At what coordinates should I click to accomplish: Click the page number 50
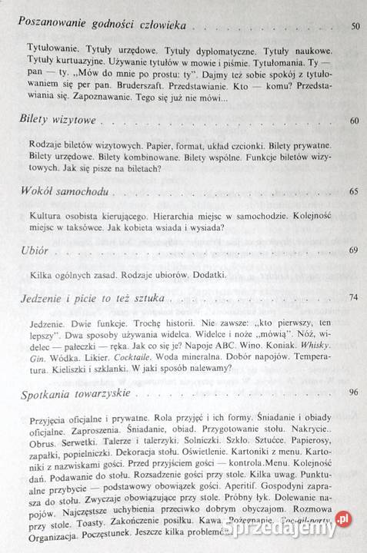click(x=355, y=27)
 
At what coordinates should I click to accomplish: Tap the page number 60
click(x=354, y=122)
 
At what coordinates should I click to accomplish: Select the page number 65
click(x=354, y=190)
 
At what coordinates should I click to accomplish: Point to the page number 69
click(x=354, y=250)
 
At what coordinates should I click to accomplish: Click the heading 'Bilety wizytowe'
click(x=52, y=121)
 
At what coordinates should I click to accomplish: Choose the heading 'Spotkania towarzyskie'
click(x=72, y=393)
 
